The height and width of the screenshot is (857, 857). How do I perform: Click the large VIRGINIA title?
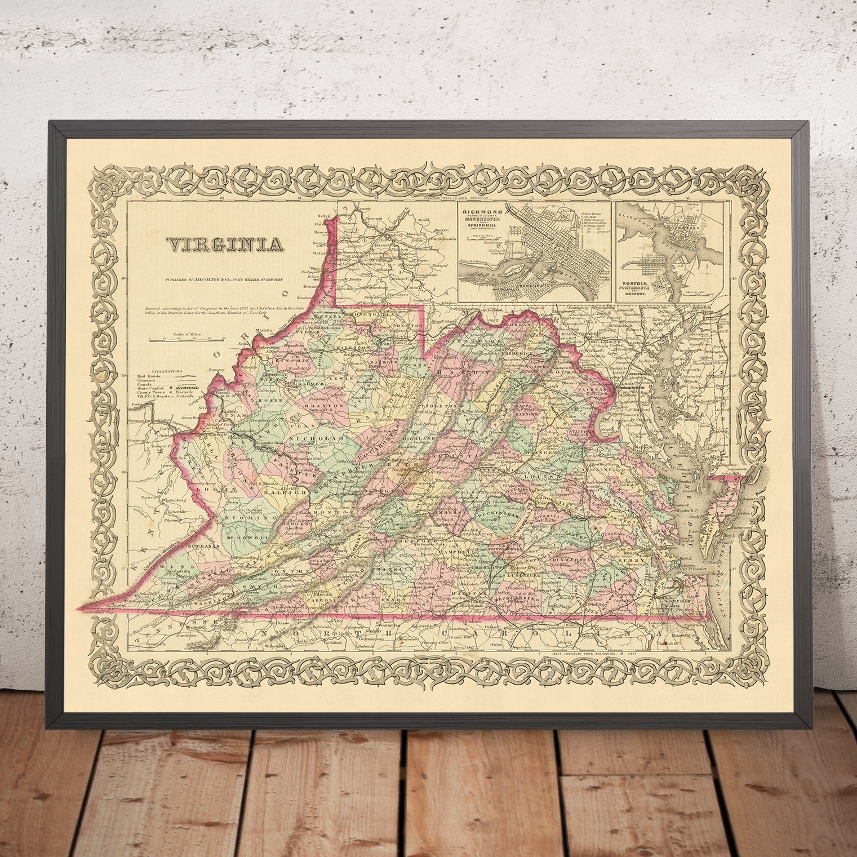(224, 245)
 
